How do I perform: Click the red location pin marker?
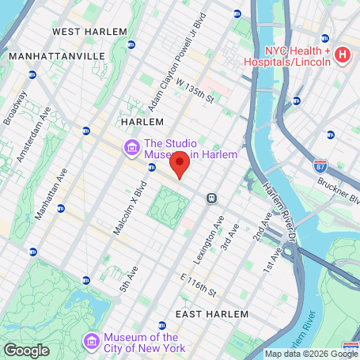point(180,165)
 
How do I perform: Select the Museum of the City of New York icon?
point(92,340)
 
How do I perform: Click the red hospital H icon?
point(342,55)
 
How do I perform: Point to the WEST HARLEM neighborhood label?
point(89,31)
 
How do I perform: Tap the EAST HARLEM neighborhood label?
point(207,314)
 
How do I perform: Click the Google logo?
point(26,351)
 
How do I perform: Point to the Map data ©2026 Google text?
point(310,354)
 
